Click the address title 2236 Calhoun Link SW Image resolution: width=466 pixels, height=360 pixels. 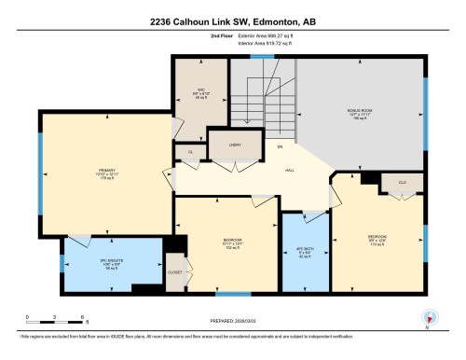(x=232, y=21)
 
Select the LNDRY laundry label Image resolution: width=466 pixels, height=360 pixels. (x=225, y=145)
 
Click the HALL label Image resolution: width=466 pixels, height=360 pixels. (x=290, y=169)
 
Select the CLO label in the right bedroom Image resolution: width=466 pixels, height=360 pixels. (x=402, y=183)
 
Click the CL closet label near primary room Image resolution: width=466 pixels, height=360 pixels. (x=189, y=150)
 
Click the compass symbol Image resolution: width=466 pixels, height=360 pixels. (x=427, y=322)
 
